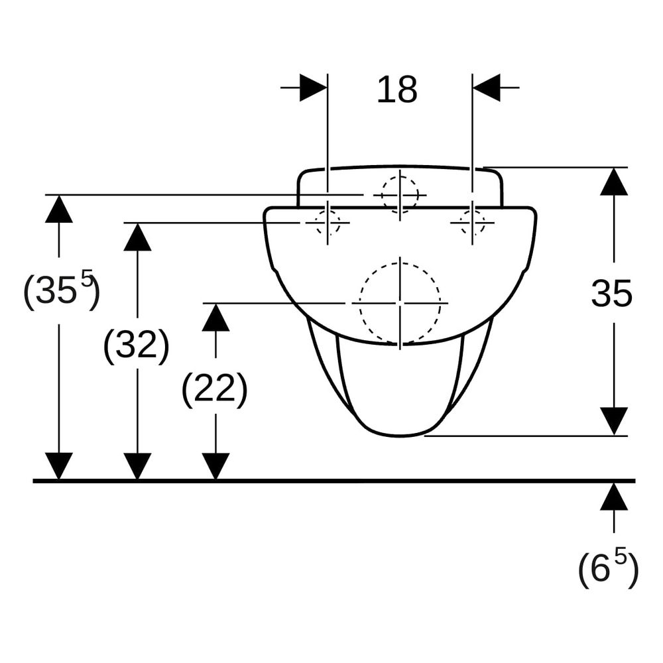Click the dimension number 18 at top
point(397,90)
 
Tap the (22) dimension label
point(214,391)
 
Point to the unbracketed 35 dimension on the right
point(611,294)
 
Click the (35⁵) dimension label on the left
point(62,290)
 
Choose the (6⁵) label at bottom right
point(608,568)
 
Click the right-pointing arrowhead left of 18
point(314,88)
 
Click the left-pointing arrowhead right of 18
point(486,88)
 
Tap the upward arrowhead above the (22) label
point(215,317)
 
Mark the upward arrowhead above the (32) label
point(137,237)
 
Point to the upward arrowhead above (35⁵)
point(59,208)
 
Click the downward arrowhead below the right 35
point(614,421)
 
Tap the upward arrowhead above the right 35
point(614,182)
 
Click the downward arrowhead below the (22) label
point(215,466)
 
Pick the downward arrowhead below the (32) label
point(137,466)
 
